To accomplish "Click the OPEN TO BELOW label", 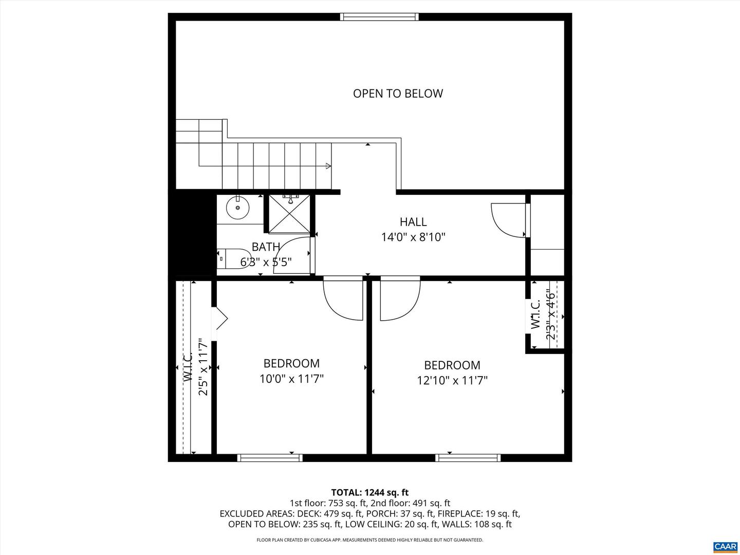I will tap(398, 94).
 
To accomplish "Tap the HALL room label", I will tap(413, 222).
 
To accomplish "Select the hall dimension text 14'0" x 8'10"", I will tap(413, 237).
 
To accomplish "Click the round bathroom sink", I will tap(238, 208).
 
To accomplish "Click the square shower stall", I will tap(290, 214).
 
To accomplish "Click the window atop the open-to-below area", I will tap(379, 17).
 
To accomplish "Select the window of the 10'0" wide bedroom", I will tap(270, 458).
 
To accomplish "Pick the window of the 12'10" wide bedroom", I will tap(468, 458).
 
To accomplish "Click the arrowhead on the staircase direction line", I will tap(328, 166).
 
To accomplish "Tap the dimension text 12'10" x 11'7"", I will tap(452, 381).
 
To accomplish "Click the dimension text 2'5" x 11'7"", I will tap(203, 366).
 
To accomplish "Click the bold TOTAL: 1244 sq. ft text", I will tap(370, 492).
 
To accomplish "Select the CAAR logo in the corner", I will tap(725, 545).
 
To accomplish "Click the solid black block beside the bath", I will tap(192, 234).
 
